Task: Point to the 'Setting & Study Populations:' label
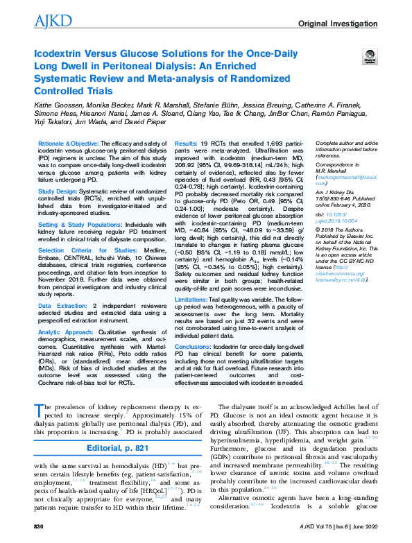coord(76,223)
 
